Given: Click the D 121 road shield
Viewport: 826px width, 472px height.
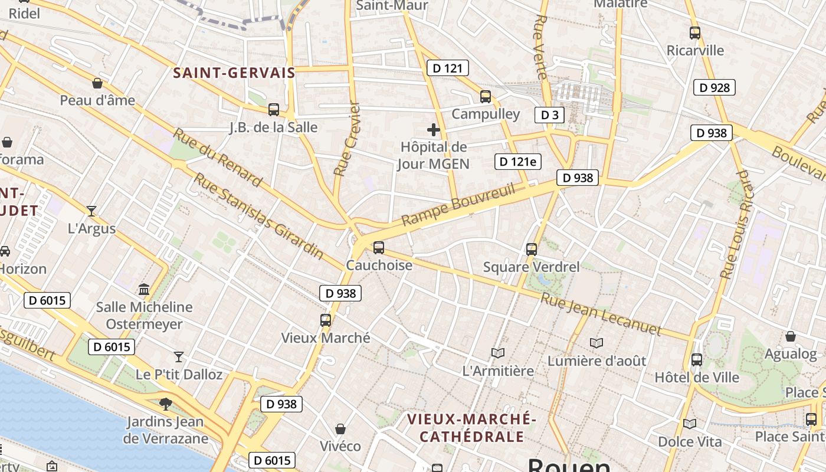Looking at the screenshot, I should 447,68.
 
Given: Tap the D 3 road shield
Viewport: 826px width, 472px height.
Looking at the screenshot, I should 549,114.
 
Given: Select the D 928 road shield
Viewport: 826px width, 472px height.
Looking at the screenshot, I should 714,88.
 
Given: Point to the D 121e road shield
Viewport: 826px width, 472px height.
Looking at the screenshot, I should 518,162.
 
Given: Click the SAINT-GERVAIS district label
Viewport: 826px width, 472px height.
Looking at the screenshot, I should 234,73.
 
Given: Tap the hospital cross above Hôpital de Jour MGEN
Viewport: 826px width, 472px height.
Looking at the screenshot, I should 434,130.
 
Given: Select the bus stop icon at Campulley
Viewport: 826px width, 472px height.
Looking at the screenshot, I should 486,96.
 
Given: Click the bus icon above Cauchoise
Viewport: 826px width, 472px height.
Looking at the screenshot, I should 379,248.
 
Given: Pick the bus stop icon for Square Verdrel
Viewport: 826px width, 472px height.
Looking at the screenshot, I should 532,250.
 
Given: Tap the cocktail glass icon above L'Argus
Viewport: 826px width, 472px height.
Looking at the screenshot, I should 91,211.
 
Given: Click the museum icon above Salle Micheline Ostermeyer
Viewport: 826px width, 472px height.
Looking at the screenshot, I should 144,289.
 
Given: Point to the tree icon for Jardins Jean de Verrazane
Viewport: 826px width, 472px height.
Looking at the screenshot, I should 166,404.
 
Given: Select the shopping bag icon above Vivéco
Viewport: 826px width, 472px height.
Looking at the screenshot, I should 340,429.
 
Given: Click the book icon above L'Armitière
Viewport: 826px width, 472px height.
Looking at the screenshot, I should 498,353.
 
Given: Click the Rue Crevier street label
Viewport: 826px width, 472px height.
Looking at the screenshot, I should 347,140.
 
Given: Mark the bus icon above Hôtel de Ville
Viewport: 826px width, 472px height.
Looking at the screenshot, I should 697,359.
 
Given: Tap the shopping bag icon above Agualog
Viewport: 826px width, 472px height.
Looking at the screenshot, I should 791,336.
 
